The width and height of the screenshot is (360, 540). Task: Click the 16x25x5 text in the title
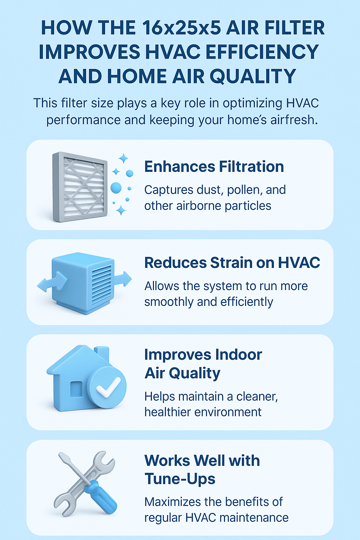(181, 28)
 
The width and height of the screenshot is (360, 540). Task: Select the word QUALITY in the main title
(253, 76)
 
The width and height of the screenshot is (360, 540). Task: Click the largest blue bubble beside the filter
(116, 188)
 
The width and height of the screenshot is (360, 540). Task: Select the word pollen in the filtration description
(245, 190)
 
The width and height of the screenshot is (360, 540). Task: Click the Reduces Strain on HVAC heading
(232, 262)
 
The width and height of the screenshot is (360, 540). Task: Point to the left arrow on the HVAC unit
(52, 281)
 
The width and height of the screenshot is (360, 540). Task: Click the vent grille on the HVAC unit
(102, 284)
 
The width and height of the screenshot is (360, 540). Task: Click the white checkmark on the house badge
(108, 387)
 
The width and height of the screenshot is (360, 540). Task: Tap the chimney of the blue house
(102, 354)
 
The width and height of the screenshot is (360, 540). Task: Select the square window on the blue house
(76, 390)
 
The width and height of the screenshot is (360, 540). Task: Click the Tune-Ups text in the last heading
(180, 478)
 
